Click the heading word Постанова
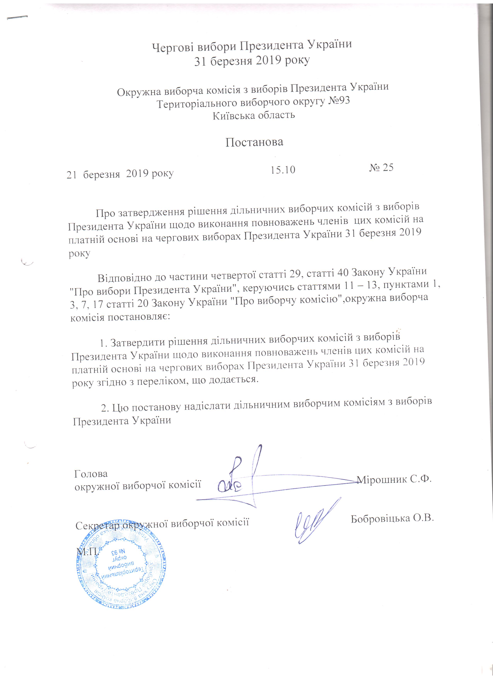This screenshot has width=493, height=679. pyautogui.click(x=254, y=142)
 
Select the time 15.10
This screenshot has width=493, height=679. pyautogui.click(x=283, y=170)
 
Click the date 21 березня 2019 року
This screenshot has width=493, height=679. pyautogui.click(x=120, y=174)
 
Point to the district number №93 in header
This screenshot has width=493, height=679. pyautogui.click(x=339, y=101)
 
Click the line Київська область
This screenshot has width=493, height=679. pyautogui.click(x=254, y=115)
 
